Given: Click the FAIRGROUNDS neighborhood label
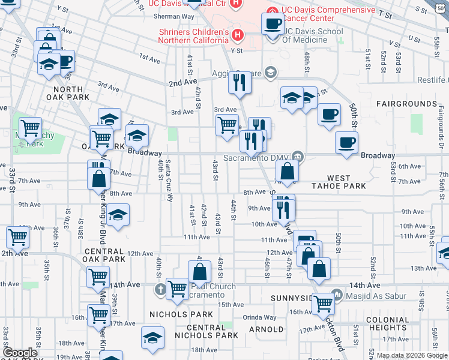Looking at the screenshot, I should click(x=407, y=104).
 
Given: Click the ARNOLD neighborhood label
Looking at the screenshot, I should click(x=266, y=329).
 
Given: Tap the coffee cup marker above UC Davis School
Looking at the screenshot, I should click(x=273, y=24).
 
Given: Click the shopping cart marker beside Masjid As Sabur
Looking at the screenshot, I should click(x=324, y=303).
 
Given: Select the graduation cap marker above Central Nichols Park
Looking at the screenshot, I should click(x=152, y=337).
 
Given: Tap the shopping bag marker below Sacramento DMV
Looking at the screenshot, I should click(x=288, y=170).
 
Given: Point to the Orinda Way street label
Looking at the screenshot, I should click(x=259, y=317).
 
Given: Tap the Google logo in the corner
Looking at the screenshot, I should click(x=20, y=353).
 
